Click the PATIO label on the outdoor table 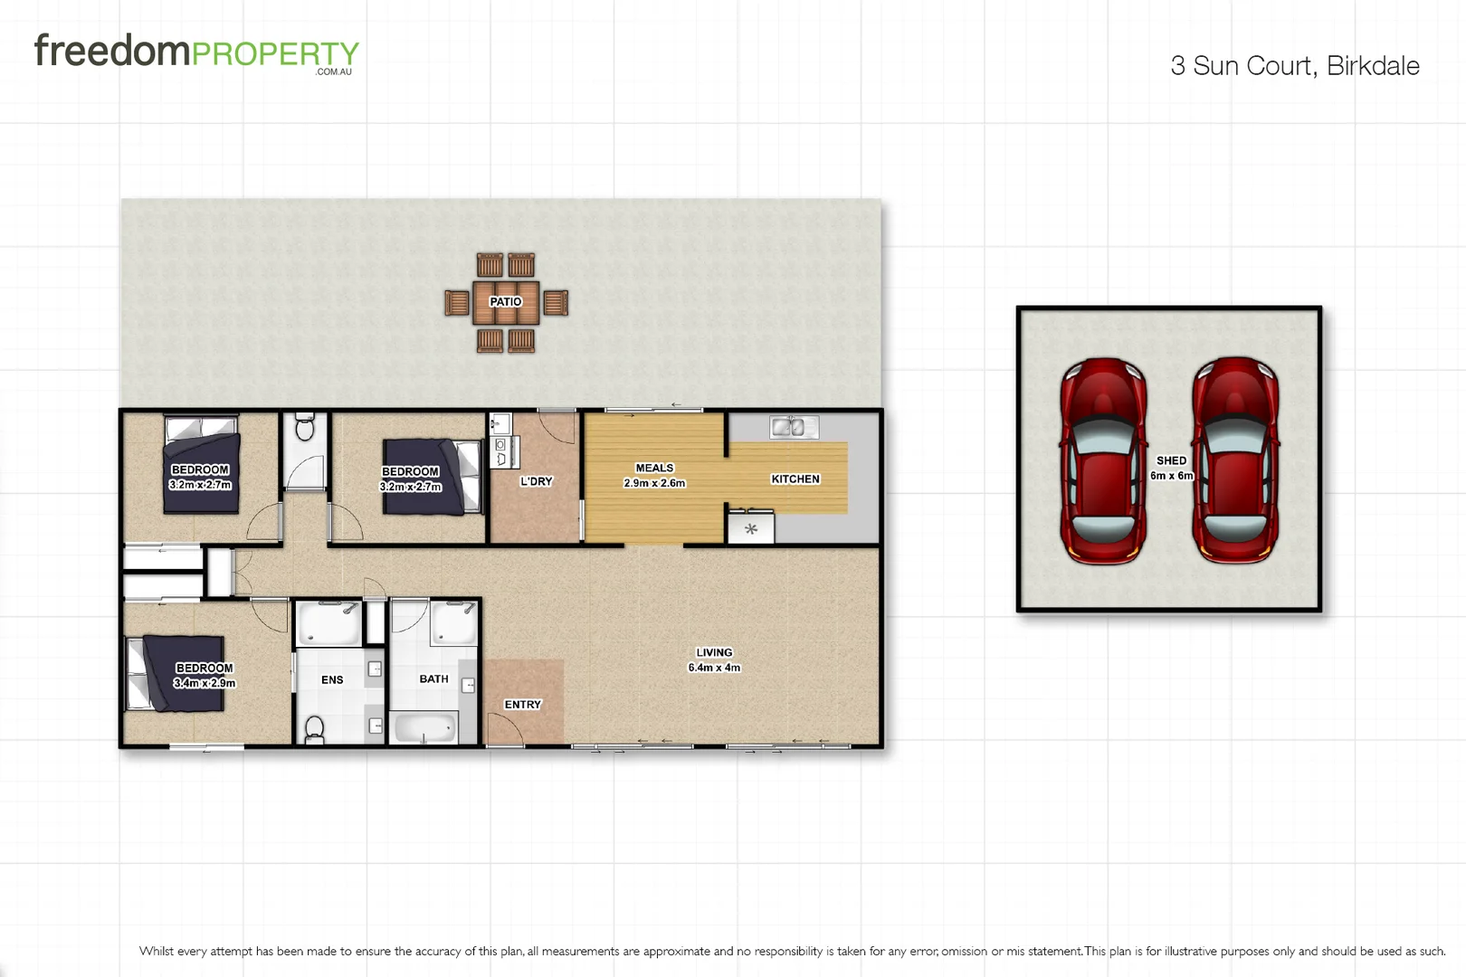[505, 302]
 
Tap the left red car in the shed [1103, 460]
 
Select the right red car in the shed [1235, 460]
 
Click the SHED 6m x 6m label [1171, 468]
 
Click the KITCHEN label [795, 479]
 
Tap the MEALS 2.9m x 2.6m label [654, 476]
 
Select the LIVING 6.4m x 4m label [714, 659]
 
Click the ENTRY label [522, 705]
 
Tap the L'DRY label [536, 481]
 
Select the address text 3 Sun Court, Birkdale [1294, 66]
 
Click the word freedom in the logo [112, 51]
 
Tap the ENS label [332, 680]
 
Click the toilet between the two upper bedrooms [305, 428]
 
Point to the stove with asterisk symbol [751, 528]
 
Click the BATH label [433, 679]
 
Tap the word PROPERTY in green [276, 54]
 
